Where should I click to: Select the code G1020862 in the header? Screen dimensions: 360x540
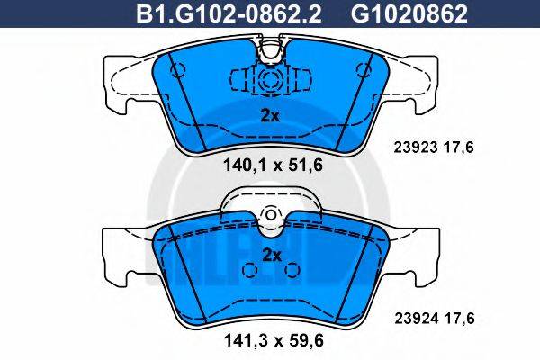372,14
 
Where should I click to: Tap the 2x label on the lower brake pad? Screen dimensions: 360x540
271,255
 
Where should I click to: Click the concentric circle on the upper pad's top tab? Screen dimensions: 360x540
270,79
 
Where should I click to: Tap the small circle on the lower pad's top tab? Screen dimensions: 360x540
271,216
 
